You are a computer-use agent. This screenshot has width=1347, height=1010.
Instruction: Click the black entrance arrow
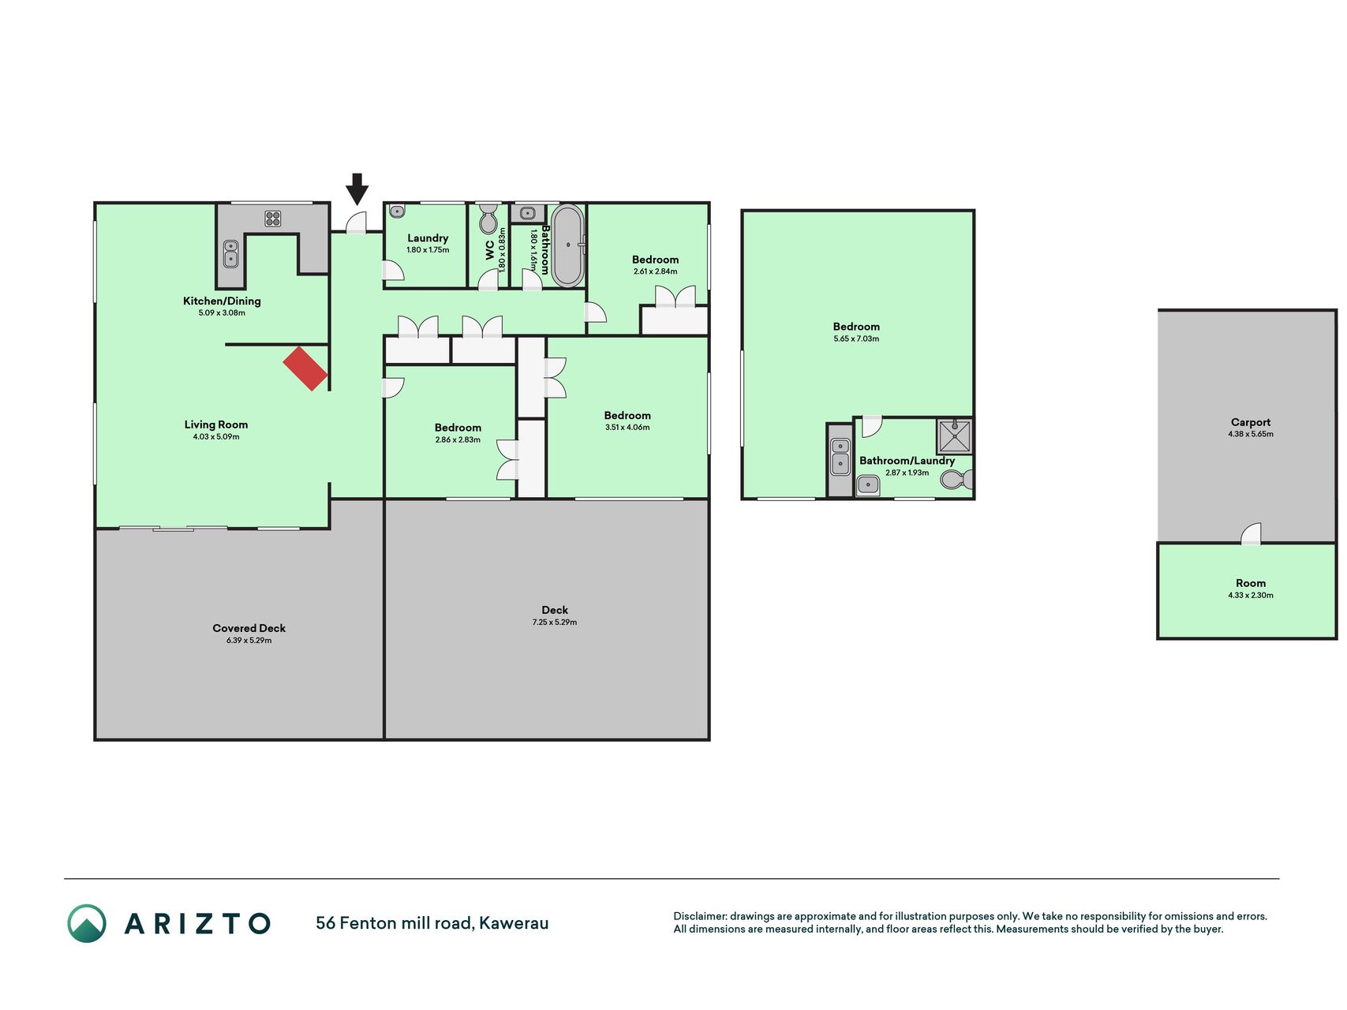tap(357, 189)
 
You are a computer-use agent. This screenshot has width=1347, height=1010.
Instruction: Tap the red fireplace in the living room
tap(305, 368)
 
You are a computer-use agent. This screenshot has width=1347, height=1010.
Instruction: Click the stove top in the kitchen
tap(273, 218)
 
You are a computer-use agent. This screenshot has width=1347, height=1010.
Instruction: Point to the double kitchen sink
tap(231, 254)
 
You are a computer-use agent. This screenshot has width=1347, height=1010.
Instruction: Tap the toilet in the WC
tap(489, 218)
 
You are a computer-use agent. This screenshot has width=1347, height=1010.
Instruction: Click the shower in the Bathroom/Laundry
tap(954, 436)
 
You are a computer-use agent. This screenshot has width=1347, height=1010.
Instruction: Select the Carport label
tap(1251, 422)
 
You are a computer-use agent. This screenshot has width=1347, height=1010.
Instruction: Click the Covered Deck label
tap(249, 628)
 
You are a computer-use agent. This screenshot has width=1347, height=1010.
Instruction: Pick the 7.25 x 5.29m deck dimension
tap(555, 623)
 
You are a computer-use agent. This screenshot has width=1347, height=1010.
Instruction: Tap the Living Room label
tap(216, 425)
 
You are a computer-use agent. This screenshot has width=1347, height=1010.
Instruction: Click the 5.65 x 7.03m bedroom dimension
tap(856, 339)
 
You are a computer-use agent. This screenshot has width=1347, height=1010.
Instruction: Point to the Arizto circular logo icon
tap(87, 923)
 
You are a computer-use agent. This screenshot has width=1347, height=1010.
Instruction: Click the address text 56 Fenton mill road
tap(394, 923)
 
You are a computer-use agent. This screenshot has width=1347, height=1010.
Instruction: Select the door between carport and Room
tap(1251, 534)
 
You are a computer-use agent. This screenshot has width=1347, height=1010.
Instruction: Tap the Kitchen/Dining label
tap(222, 301)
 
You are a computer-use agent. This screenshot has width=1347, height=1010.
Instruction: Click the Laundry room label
tap(428, 238)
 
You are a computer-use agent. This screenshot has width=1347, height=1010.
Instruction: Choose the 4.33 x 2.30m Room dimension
tap(1251, 596)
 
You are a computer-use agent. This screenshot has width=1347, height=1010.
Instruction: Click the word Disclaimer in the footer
tap(700, 916)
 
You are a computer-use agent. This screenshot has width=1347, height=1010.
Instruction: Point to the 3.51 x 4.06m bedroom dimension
tap(627, 428)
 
